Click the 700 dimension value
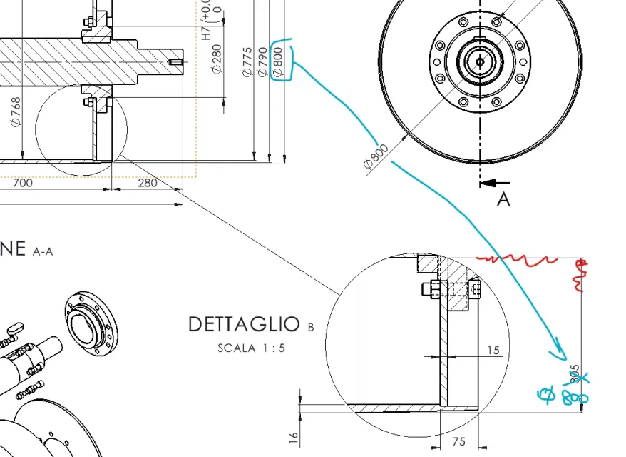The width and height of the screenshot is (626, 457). [x=23, y=183]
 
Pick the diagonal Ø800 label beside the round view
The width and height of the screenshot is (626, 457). [x=376, y=157]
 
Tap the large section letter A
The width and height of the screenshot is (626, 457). [x=503, y=199]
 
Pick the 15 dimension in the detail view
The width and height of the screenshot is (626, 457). [x=493, y=350]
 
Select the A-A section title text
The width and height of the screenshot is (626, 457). [x=43, y=251]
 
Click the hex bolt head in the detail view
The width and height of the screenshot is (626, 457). [x=427, y=289]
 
